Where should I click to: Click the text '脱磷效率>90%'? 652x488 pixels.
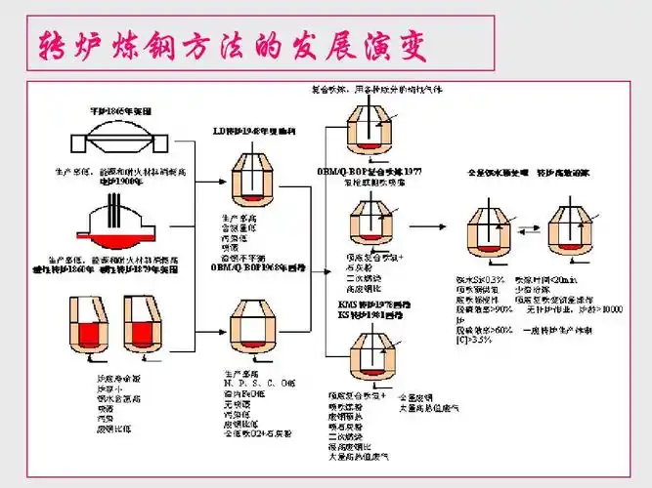tap(485, 309)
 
